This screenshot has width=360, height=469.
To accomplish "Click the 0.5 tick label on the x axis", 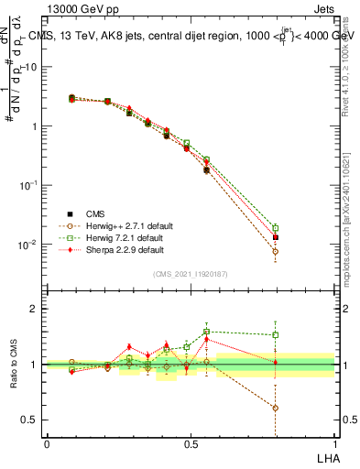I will tap(191, 443).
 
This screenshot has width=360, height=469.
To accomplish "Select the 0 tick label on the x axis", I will tap(47, 443).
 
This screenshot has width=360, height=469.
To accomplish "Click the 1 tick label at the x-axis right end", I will tap(334, 443).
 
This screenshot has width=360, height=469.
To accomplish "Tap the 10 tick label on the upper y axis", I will tap(31, 67).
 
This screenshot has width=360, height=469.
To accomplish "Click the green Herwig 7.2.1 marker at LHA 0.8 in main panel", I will tap(275, 228).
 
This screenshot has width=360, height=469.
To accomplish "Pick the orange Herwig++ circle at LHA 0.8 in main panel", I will tap(275, 251).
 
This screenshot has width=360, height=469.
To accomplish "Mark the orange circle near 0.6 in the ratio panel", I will tap(275, 408).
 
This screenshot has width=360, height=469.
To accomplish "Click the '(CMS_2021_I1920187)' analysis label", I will tap(191, 275).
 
